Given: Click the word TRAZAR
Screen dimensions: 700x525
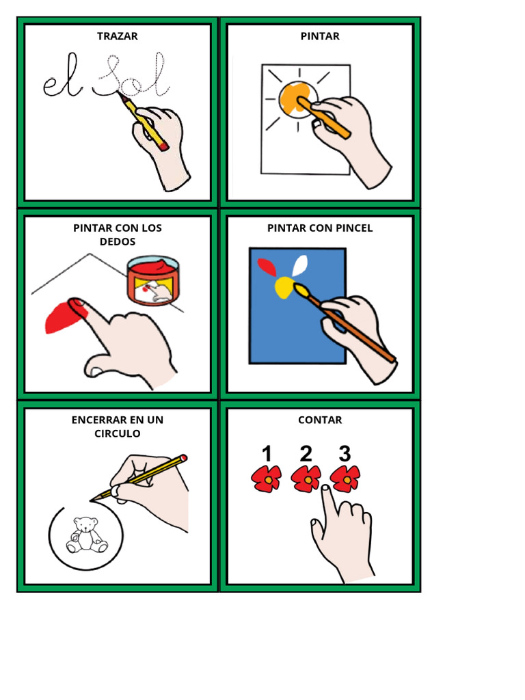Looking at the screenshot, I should click(117, 36).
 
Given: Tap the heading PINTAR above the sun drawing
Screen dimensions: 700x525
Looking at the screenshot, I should click(320, 36).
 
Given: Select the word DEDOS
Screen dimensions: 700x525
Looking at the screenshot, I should click(118, 242).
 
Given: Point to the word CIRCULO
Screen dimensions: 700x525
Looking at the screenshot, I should click(118, 434).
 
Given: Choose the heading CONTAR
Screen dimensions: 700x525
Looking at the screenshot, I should click(320, 420).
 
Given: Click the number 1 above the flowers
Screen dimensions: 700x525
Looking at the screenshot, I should click(267, 454).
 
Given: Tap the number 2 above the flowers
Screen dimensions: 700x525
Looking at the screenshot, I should click(306, 454).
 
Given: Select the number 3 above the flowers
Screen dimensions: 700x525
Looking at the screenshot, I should click(345, 454).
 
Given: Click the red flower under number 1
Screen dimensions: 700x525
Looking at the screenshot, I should click(267, 479).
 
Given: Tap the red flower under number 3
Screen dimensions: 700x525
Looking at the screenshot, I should click(345, 479).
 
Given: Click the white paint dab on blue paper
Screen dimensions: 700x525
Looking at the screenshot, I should click(300, 265).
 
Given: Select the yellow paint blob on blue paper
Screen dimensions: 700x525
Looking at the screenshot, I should click(284, 288).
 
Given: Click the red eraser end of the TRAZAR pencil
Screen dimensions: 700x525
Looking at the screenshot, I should click(163, 146).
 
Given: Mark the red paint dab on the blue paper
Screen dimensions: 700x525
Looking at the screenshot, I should click(265, 267).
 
